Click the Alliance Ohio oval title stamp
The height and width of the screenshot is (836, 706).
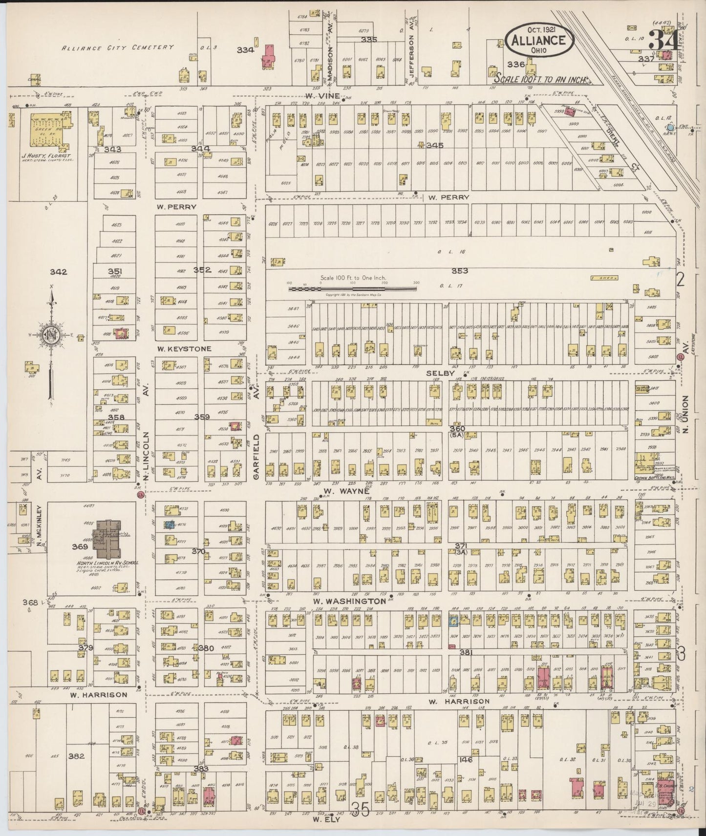click(539, 41)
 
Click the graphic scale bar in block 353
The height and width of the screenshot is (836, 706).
click(352, 289)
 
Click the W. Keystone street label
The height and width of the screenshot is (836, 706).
click(184, 349)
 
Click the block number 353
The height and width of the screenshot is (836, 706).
click(459, 270)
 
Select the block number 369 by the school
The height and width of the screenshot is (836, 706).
click(80, 547)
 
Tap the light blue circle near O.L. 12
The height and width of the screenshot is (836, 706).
click(671, 127)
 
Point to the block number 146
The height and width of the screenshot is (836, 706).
click(465, 760)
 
